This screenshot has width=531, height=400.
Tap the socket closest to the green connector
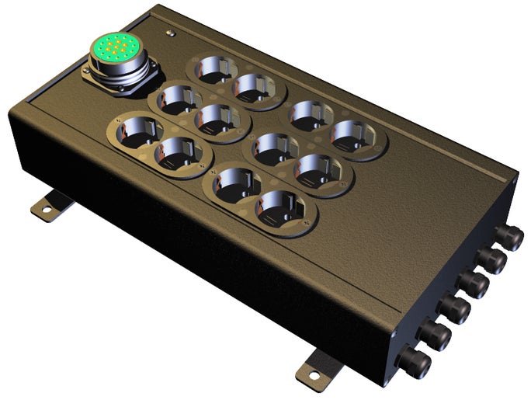click(x=175, y=102)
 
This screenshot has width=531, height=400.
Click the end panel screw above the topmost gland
click(x=514, y=180)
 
